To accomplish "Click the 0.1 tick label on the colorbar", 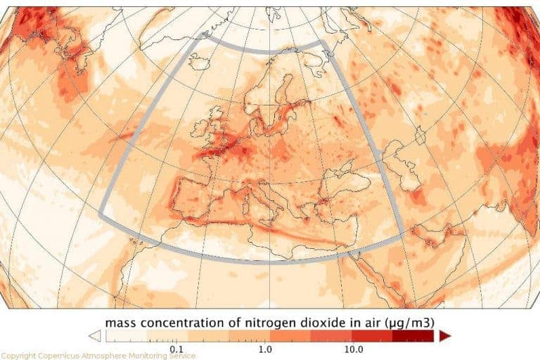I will pos(176,349).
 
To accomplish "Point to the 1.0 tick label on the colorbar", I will pos(266,349).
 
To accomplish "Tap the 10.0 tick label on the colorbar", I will pos(353,349).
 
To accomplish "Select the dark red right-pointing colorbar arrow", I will pos(444,336).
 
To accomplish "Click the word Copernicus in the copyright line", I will pos(59,356).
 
